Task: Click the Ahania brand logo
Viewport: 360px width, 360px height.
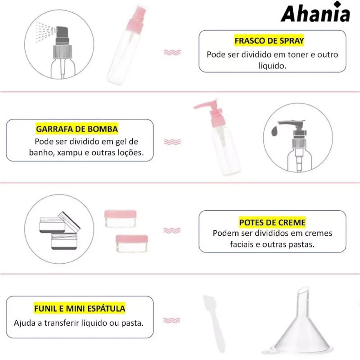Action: (315, 12)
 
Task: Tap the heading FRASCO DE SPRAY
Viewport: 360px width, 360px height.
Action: (269, 40)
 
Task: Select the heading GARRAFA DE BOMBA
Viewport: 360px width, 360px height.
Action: (77, 129)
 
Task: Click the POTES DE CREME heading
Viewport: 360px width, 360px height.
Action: (272, 222)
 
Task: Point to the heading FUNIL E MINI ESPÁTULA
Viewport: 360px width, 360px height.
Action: (80, 308)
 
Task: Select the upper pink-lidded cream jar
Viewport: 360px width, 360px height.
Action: (121, 219)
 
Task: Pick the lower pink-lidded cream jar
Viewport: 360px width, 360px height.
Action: (132, 243)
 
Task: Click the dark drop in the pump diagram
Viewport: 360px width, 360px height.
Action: (274, 130)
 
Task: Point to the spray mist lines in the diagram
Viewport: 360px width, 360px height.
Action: (45, 32)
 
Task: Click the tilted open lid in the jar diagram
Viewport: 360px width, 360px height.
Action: (69, 220)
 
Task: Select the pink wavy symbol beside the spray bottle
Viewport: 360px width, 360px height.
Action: (172, 52)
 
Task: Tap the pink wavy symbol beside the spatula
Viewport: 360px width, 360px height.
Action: (171, 320)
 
